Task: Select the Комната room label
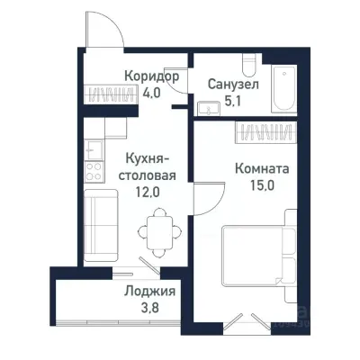click(x=261, y=167)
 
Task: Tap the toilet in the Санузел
click(x=253, y=69)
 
